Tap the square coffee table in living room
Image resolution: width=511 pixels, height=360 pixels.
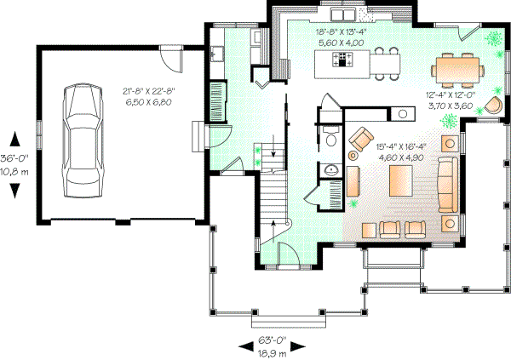coord(402,180)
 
